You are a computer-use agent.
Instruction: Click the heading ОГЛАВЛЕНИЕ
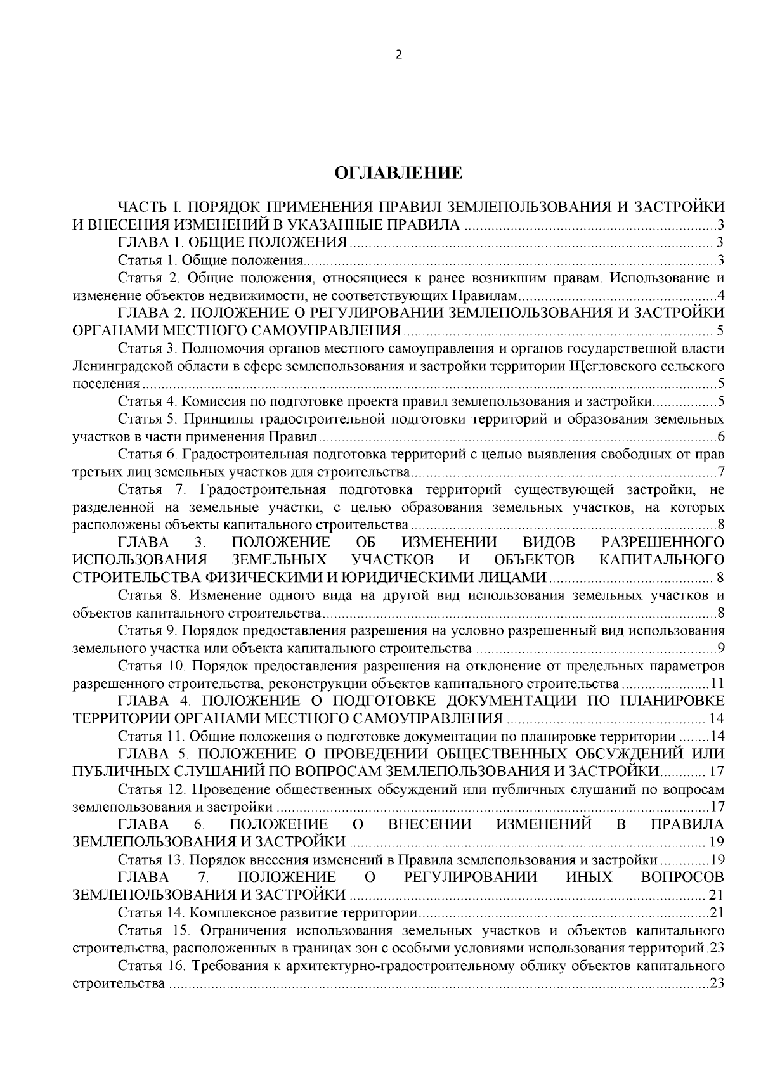(x=398, y=173)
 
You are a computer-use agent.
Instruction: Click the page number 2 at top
(x=398, y=55)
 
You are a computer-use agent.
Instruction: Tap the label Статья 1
(x=145, y=260)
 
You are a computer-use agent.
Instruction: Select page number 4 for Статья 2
(x=721, y=295)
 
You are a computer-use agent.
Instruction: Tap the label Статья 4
(x=145, y=401)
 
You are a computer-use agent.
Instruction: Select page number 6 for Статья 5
(x=721, y=437)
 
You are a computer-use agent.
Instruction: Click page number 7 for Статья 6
(x=721, y=472)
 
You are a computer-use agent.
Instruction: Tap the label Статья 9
(x=145, y=631)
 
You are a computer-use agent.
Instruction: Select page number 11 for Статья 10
(x=717, y=684)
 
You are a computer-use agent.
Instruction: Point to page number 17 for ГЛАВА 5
(x=717, y=772)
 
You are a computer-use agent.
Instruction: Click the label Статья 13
(x=149, y=860)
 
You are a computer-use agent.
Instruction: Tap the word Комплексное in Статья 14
(x=224, y=914)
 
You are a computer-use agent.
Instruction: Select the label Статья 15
(x=150, y=931)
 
